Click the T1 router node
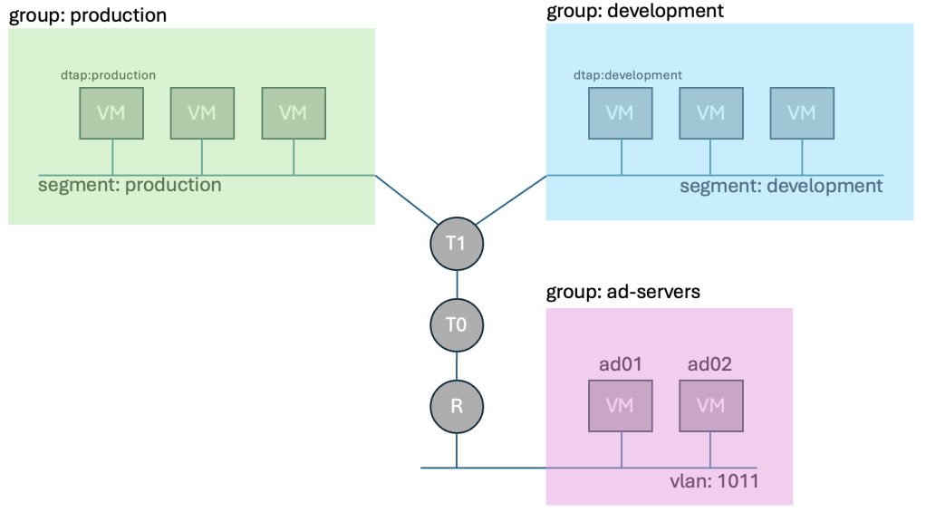coord(456,244)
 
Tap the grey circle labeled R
coord(456,405)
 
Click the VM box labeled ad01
coord(621,405)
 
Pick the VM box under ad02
coord(711,405)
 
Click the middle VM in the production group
coord(202,113)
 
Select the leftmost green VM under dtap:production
coord(111,113)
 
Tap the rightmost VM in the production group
coord(293,113)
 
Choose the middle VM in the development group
coord(711,113)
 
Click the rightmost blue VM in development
coord(802,113)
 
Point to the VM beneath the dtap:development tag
coord(621,113)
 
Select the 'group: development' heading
coord(635,12)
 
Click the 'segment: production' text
coord(130,186)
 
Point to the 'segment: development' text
coord(780,187)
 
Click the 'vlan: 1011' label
coord(709,481)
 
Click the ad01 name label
coord(620,364)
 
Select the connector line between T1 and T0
coord(456,285)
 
